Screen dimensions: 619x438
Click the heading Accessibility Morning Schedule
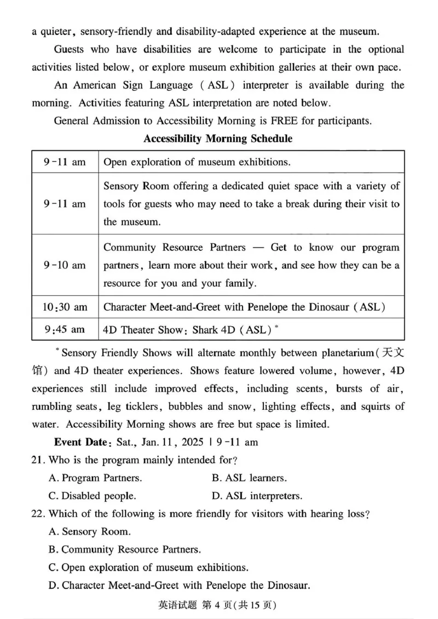point(217,139)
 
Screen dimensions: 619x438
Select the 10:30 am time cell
point(65,307)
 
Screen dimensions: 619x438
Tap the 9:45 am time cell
point(65,329)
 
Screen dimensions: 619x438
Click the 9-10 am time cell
point(65,265)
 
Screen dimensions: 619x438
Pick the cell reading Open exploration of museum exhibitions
point(197,162)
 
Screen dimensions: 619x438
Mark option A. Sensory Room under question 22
point(89,531)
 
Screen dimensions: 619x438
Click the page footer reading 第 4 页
point(211,605)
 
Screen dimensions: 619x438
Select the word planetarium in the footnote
point(336,353)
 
